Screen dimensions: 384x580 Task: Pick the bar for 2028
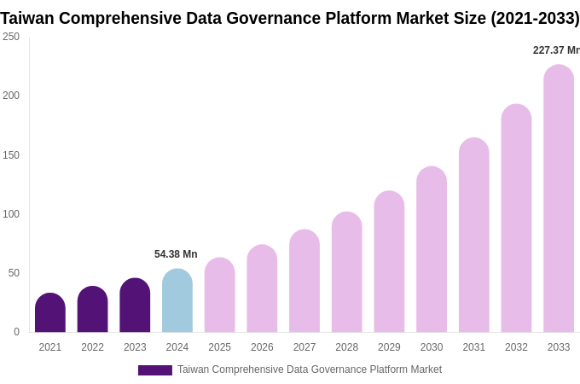coord(347,272)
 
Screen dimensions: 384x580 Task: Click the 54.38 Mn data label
coord(176,254)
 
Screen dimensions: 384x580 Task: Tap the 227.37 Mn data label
coord(556,50)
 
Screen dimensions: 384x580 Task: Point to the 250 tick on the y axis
coord(11,37)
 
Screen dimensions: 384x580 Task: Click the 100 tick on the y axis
coord(11,214)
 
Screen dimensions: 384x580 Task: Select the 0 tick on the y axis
coord(16,332)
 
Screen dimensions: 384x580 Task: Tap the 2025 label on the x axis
coord(219,347)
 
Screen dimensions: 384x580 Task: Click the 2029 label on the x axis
coord(389,347)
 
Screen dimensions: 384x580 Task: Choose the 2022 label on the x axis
coord(92,347)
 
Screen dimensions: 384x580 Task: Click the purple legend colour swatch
coord(155,370)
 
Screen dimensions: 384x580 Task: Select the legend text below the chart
coord(310,369)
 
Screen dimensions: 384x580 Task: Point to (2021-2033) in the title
coord(535,18)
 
